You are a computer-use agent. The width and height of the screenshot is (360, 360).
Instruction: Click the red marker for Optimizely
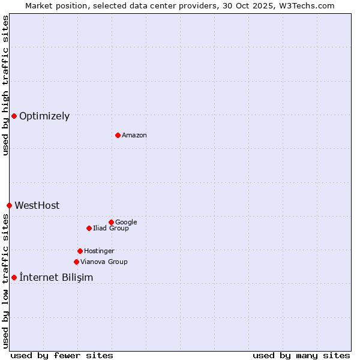[14, 116]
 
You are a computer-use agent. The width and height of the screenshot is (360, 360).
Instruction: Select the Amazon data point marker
[118, 135]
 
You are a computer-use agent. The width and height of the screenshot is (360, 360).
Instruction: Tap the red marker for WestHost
[9, 205]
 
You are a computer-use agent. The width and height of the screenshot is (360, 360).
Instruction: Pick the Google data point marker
[111, 222]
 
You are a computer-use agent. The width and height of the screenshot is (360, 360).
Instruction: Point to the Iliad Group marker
[89, 228]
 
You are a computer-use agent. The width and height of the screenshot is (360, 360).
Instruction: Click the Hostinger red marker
[80, 251]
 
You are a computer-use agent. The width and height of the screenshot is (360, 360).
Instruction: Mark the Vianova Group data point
[76, 262]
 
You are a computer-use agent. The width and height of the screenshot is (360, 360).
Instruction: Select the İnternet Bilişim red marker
[14, 277]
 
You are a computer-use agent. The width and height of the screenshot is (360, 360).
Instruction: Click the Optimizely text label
[44, 116]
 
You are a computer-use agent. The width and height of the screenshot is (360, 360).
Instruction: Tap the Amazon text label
[134, 136]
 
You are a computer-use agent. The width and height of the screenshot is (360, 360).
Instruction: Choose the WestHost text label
[37, 206]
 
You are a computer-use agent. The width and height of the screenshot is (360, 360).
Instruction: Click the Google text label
[126, 223]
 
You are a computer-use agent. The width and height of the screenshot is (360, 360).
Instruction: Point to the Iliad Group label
[111, 229]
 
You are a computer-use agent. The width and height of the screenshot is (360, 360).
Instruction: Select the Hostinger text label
[99, 251]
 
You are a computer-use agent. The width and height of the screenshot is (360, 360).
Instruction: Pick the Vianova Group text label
[104, 262]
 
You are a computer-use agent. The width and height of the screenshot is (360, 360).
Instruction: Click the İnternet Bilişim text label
[56, 278]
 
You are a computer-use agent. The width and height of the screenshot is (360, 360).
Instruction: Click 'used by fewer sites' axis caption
[62, 355]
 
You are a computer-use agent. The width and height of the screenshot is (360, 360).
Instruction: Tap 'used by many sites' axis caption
[301, 355]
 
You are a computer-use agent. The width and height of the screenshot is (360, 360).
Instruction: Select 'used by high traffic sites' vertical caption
[5, 85]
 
